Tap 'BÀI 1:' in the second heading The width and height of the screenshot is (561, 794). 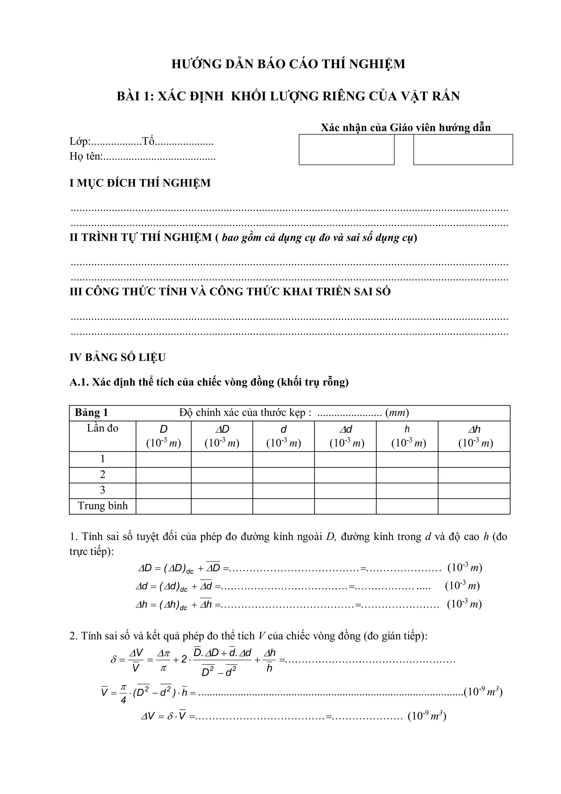[x=135, y=96]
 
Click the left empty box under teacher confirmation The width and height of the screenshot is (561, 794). [x=346, y=149]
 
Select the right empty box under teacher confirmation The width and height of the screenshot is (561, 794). [x=463, y=149]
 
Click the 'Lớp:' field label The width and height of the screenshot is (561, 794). [x=80, y=141]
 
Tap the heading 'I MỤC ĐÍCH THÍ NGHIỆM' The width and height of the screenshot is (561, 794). [x=140, y=183]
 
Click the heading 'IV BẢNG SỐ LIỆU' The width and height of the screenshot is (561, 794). [x=118, y=357]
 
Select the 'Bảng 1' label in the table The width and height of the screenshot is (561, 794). [x=91, y=413]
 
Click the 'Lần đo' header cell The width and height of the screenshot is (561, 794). [x=103, y=429]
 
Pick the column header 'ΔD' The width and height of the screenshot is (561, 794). [x=222, y=430]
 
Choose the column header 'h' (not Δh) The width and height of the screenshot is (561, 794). [x=407, y=430]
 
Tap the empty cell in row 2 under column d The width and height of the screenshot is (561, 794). [x=283, y=475]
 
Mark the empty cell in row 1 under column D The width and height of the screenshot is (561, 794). [x=163, y=460]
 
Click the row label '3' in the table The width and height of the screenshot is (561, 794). [x=103, y=490]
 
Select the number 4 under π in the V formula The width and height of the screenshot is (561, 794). [x=123, y=700]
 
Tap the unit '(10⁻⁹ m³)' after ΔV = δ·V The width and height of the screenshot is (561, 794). [x=427, y=716]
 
